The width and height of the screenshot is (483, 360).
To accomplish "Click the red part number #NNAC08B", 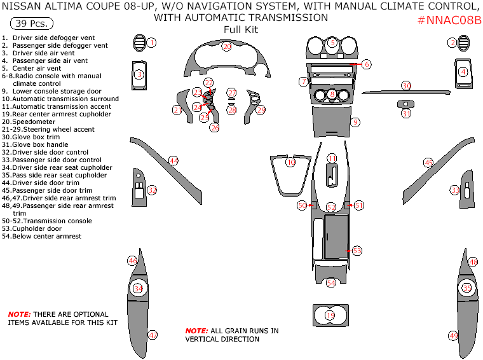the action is coord(449,20).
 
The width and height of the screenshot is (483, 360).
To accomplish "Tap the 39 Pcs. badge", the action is coord(32,23).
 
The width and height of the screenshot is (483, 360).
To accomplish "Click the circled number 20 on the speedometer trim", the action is coord(227,46).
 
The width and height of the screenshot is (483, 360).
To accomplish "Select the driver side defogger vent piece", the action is coord(139,43).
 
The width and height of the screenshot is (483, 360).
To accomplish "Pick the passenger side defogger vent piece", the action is coord(463,43).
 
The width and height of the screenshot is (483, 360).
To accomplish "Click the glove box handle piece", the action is coord(405,104).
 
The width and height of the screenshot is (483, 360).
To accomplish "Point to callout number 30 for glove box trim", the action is coord(407,86).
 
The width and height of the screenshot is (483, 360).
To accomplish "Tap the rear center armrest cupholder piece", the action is coord(330,315).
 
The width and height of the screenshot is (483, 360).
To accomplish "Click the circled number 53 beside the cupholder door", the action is coord(357,251).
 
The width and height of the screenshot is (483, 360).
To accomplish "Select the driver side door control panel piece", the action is coord(139,187).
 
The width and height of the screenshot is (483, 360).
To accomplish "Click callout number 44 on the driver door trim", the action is coord(173,160).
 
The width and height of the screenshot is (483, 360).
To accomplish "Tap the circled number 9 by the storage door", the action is coord(355,122).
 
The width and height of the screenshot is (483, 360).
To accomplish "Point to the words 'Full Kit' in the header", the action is coord(241,30).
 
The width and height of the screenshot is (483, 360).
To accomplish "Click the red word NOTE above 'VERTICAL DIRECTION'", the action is coord(196,331).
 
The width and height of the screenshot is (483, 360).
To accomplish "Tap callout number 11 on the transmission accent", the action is coord(332,158).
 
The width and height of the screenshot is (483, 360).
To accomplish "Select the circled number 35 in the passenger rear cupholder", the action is coord(467,288).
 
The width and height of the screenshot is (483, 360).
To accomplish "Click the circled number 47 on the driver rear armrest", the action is coord(153,335).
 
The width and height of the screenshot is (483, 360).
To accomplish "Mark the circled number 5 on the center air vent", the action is coord(332,43).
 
